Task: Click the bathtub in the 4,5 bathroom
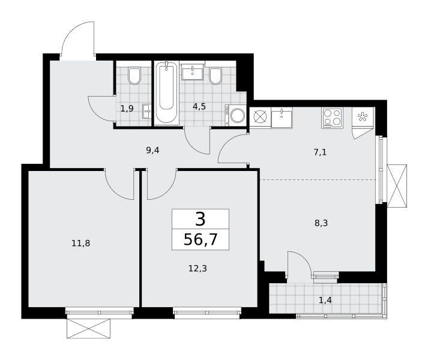[x=166, y=93]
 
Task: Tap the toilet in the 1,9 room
[x=134, y=76]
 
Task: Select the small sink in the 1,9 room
[x=146, y=112]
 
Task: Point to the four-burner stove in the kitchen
[x=332, y=118]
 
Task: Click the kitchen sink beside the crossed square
[x=282, y=118]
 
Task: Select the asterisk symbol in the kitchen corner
[x=363, y=117]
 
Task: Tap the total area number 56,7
[x=200, y=239]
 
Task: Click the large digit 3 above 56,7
[x=200, y=220]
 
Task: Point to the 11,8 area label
[x=81, y=243]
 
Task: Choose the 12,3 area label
[x=197, y=269]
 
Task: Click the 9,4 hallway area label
[x=152, y=150]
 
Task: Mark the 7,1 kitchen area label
[x=320, y=152]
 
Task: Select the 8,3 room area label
[x=321, y=223]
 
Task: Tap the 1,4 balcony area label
[x=325, y=300]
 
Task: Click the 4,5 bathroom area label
[x=199, y=106]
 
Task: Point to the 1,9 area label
[x=127, y=109]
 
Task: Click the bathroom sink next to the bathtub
[x=193, y=72]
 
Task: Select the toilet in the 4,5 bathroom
[x=216, y=76]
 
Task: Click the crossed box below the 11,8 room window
[x=89, y=328]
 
